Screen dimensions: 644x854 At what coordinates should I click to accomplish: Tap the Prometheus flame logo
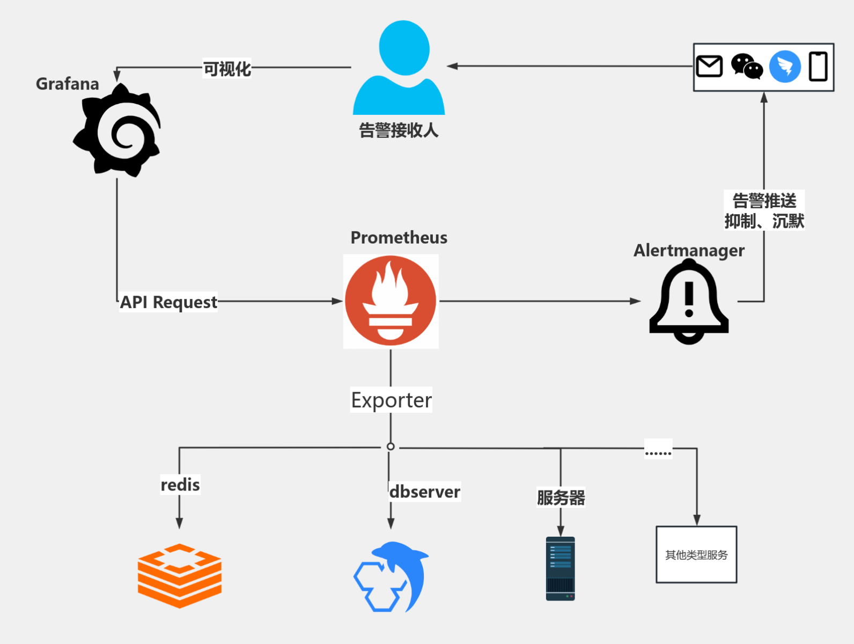pos(391,301)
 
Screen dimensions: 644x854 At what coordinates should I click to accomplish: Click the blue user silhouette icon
pos(399,69)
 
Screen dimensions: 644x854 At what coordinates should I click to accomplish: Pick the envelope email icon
pos(709,67)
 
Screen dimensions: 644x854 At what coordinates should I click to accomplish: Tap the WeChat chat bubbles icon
pos(747,67)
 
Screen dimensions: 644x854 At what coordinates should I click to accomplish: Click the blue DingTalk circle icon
pos(785,67)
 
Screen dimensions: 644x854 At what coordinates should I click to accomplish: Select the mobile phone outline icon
pos(818,67)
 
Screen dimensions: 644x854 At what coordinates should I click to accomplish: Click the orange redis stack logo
pos(180,575)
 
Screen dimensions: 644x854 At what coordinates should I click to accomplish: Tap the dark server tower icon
pos(560,568)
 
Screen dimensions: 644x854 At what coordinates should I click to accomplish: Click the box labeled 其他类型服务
pos(696,554)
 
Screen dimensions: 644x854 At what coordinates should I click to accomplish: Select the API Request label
pos(168,302)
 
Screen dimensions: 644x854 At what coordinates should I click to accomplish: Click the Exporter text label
pos(391,400)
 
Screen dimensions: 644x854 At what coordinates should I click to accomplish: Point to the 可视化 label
pos(227,69)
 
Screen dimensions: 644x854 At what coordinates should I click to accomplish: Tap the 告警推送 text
pos(764,201)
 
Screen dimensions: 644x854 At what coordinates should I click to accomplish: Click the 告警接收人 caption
pos(399,130)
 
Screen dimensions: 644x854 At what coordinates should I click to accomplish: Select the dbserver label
pos(424,492)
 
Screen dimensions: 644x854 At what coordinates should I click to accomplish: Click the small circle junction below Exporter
pos(391,447)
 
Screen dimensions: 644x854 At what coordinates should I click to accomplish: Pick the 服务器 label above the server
pos(561,497)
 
